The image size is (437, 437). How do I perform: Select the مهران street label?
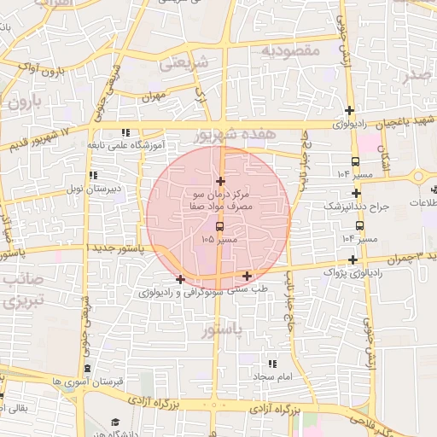[153, 98]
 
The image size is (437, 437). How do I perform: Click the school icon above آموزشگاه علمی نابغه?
[125, 132]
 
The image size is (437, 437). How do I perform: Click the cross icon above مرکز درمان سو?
[221, 181]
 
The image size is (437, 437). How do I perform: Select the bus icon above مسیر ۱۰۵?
[220, 227]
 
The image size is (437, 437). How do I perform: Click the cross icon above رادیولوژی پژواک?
[353, 259]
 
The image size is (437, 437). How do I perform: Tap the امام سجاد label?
[272, 376]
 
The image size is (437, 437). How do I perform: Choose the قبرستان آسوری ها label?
[56, 381]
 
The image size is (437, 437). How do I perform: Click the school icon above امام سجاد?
[272, 364]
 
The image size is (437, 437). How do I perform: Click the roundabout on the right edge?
[419, 177]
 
